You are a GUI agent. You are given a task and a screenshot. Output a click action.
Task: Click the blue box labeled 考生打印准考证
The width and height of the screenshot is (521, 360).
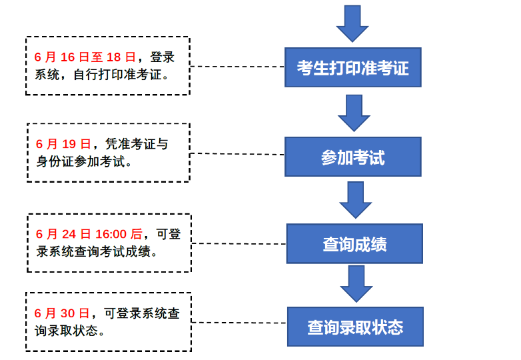pos(353,67)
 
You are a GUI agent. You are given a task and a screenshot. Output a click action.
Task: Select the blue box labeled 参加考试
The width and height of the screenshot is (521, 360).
pos(353,157)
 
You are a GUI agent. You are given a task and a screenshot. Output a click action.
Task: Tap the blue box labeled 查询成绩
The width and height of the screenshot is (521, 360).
pos(354,244)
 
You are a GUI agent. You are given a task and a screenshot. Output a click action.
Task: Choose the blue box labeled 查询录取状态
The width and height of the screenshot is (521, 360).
pos(355,327)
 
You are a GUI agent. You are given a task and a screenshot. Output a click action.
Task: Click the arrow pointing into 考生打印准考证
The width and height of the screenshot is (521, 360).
pos(352,23)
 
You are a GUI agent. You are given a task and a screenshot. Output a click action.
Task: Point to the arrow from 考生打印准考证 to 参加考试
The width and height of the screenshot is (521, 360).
pos(354,112)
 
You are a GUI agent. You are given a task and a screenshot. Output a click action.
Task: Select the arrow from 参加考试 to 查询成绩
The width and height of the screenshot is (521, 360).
pos(355,199)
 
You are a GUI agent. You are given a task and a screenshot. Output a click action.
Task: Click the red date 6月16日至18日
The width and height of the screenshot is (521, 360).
pos(85,57)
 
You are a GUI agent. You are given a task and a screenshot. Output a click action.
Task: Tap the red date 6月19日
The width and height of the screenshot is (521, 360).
pos(63,144)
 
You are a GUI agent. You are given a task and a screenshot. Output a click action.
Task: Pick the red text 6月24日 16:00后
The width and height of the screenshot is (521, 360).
pos(89,234)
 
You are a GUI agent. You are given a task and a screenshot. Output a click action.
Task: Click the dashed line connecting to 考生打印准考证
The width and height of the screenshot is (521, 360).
pos(238,67)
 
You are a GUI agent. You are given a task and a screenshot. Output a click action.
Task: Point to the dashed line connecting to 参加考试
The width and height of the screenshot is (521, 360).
pos(238,154)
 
